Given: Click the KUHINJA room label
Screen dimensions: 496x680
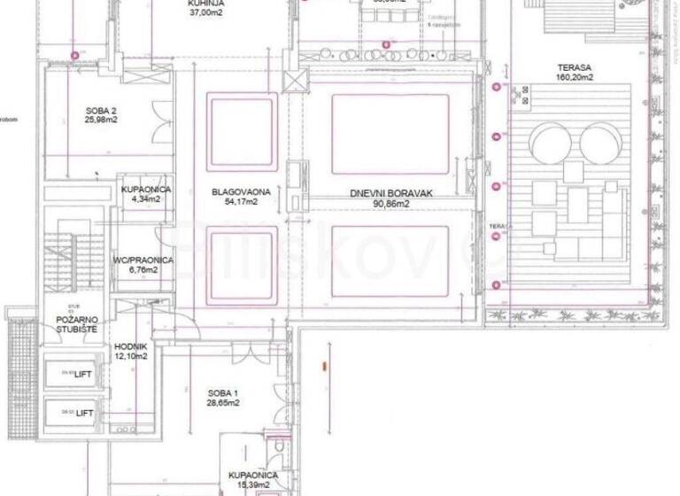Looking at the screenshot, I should (x=205, y=4).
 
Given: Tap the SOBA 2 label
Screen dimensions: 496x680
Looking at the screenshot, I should (x=102, y=111).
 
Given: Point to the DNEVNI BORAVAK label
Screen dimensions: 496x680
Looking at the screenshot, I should (x=379, y=193).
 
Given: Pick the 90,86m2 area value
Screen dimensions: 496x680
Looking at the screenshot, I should (x=379, y=204).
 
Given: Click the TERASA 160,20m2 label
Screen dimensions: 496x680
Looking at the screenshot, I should (x=575, y=72).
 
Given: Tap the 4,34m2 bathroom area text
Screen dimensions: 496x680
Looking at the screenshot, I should (x=145, y=200).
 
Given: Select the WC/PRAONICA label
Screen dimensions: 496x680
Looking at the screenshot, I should (x=143, y=260).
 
